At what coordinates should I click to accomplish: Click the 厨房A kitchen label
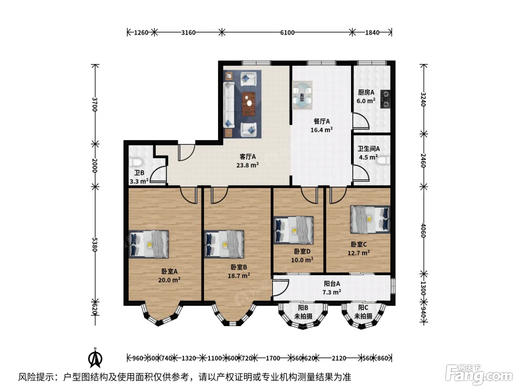coord(366,92)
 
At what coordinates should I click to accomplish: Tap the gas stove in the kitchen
coord(385,99)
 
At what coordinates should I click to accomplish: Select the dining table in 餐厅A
coord(302,95)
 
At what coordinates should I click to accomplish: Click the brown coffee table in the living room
coord(249,104)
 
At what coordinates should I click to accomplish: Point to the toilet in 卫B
coord(136,162)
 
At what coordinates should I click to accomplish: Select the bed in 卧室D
coord(294,230)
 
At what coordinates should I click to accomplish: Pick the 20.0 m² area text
coord(169,280)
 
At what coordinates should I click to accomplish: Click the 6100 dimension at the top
coord(287,32)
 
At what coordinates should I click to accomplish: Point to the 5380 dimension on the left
coord(95,245)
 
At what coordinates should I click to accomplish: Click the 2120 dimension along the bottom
coord(339,358)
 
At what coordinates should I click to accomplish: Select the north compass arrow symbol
coord(95,359)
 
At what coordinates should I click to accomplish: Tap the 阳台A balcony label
coord(332,283)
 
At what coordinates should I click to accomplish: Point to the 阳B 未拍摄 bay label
coord(303,312)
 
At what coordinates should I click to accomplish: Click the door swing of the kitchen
coord(361,121)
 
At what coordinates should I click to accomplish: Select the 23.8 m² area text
coord(247,165)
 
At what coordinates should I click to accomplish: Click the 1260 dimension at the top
coord(141,32)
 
